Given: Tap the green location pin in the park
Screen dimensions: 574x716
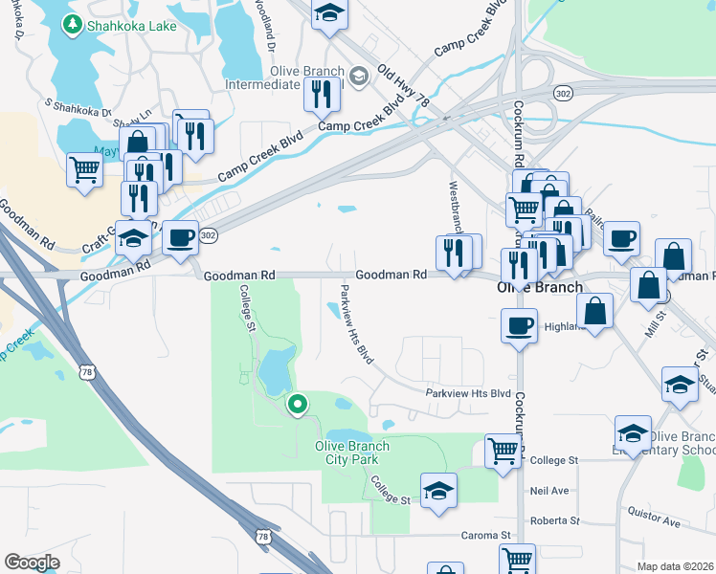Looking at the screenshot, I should point(297,405).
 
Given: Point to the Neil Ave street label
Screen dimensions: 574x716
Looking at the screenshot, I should point(549,491).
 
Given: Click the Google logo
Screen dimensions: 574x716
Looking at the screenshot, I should point(32,563).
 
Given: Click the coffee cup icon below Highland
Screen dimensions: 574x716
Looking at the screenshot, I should point(519,325).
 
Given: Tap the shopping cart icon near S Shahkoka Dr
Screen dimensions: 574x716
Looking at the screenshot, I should point(84,170).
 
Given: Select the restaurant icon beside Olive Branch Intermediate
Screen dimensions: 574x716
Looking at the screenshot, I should point(322,93).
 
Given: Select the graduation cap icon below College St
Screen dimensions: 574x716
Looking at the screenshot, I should point(438,490).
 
